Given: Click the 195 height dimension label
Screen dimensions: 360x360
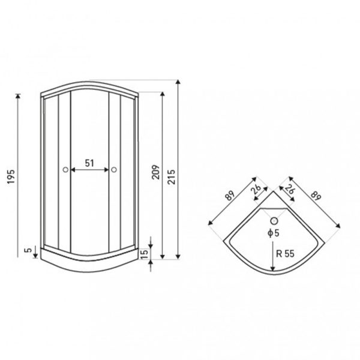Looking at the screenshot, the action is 11,176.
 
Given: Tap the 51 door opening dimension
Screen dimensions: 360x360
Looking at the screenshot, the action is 89,163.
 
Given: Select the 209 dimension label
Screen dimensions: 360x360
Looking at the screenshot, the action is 155,172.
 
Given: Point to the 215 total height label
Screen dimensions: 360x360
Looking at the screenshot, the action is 171,177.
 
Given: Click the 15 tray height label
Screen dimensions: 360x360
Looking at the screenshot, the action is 145,254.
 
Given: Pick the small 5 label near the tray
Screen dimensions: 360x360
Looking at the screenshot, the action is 28,250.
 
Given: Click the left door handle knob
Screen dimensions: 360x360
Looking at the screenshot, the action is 65,170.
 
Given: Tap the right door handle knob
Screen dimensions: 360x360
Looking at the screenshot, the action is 114,170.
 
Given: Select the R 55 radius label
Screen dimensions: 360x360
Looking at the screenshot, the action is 285,254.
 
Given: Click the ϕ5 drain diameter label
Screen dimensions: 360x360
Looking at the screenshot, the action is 274,233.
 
